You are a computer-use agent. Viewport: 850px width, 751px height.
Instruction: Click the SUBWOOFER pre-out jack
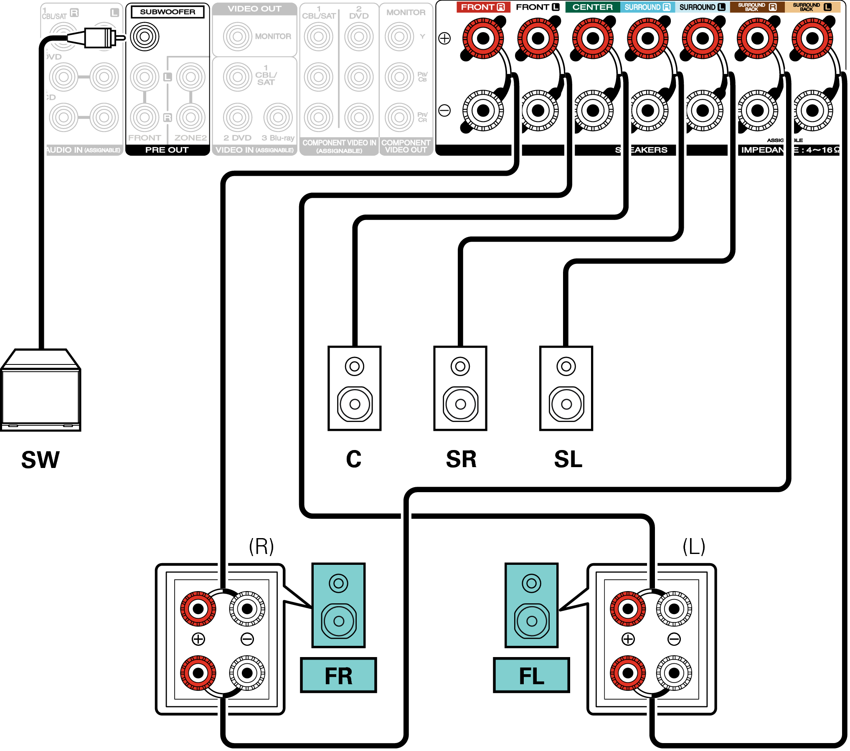[x=145, y=37]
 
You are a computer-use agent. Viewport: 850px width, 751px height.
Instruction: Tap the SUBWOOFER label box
[x=167, y=12]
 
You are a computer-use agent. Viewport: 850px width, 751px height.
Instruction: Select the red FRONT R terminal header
[x=483, y=7]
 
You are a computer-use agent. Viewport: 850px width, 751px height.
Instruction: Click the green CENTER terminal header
[x=592, y=7]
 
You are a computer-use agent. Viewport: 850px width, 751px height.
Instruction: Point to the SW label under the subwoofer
[x=41, y=460]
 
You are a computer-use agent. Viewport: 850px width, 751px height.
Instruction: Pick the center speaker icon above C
[x=355, y=388]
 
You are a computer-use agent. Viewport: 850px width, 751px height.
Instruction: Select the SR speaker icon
[x=460, y=388]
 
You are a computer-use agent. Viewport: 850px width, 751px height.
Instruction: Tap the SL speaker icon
[x=566, y=388]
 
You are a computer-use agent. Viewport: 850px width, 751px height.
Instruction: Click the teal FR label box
[x=338, y=675]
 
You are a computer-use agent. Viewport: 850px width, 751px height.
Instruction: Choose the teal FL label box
[x=531, y=675]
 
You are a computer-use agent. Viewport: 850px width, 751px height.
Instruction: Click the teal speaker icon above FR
[x=338, y=605]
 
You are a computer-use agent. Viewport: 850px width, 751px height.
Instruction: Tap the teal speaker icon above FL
[x=531, y=605]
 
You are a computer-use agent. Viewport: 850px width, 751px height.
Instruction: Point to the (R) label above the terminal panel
[x=261, y=546]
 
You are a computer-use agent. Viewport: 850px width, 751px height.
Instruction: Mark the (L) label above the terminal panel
[x=694, y=546]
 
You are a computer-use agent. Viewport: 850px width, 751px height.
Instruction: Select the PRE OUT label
[x=167, y=150]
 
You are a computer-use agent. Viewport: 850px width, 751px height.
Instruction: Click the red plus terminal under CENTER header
[x=593, y=38]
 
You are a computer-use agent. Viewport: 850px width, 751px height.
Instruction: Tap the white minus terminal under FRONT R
[x=483, y=111]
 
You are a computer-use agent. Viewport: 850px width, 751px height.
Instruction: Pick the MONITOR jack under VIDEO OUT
[x=237, y=37]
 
